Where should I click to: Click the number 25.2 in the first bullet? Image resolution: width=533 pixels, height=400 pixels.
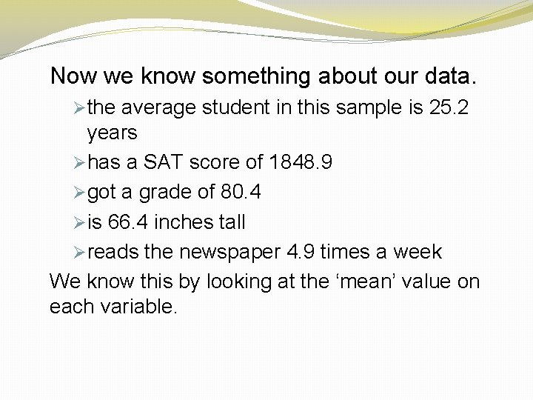(449, 108)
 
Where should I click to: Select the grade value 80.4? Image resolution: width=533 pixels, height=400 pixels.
(241, 193)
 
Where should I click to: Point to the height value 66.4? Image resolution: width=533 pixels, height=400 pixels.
(128, 222)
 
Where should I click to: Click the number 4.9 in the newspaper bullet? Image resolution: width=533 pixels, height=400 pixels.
(301, 252)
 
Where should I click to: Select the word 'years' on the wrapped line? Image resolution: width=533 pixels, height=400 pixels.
(113, 133)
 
